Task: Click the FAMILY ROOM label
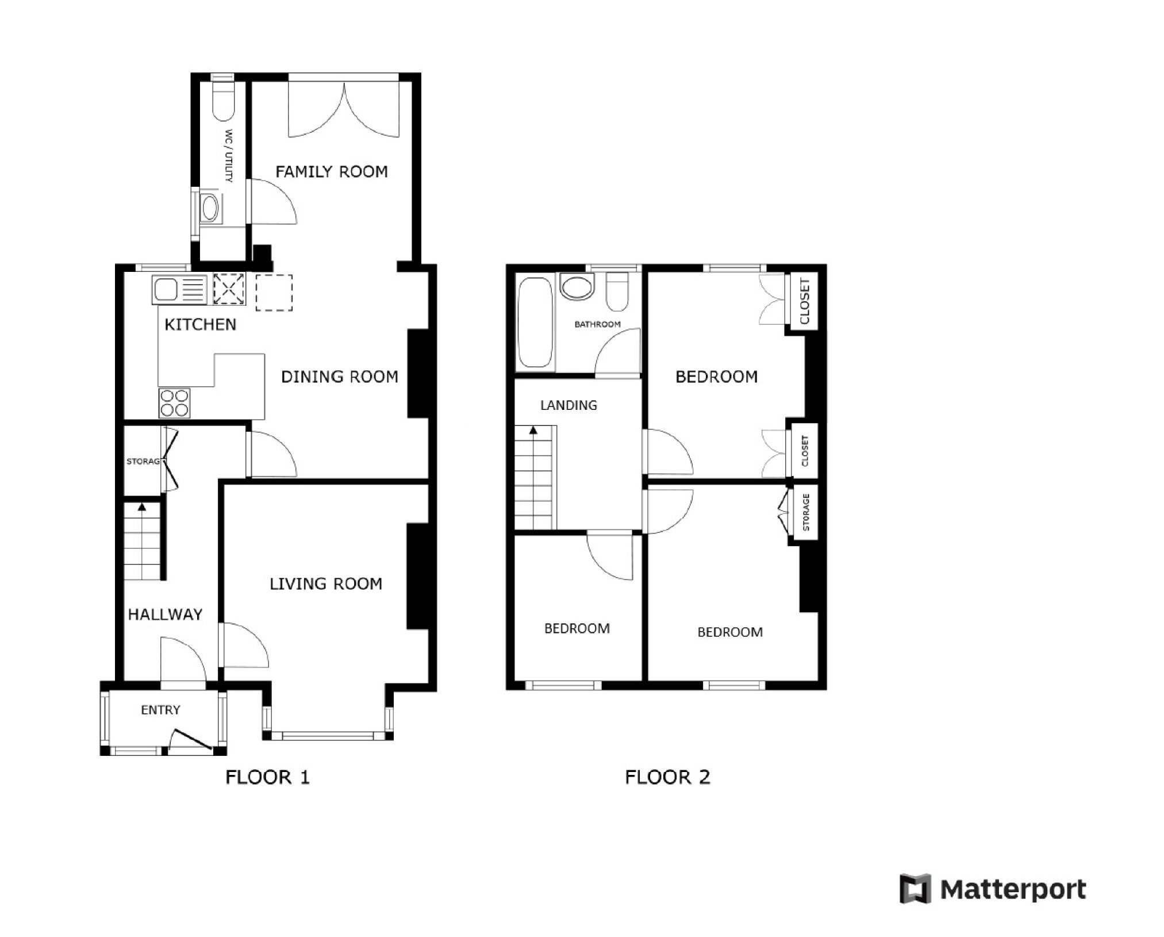(x=332, y=171)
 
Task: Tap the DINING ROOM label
(x=340, y=377)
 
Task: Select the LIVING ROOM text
(x=326, y=584)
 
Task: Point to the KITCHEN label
(x=200, y=325)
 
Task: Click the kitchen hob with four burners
(x=175, y=402)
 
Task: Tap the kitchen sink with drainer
(x=179, y=290)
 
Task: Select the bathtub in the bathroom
(x=535, y=322)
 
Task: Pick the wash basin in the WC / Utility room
(x=210, y=208)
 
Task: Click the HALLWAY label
(x=165, y=615)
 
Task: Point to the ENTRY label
(x=160, y=710)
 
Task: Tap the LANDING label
(x=568, y=405)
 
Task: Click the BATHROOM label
(x=598, y=324)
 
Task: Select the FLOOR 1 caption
(x=267, y=777)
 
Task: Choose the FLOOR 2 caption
(x=667, y=777)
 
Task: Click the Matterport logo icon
(x=915, y=889)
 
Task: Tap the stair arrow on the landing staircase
(x=533, y=429)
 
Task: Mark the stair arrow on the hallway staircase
(x=141, y=506)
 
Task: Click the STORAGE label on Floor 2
(x=806, y=512)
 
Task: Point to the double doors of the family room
(x=344, y=109)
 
